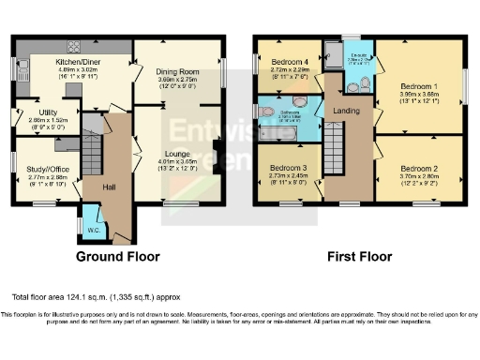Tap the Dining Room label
click(x=177, y=72)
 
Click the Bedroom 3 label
click(x=281, y=167)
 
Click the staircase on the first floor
click(x=335, y=150)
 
